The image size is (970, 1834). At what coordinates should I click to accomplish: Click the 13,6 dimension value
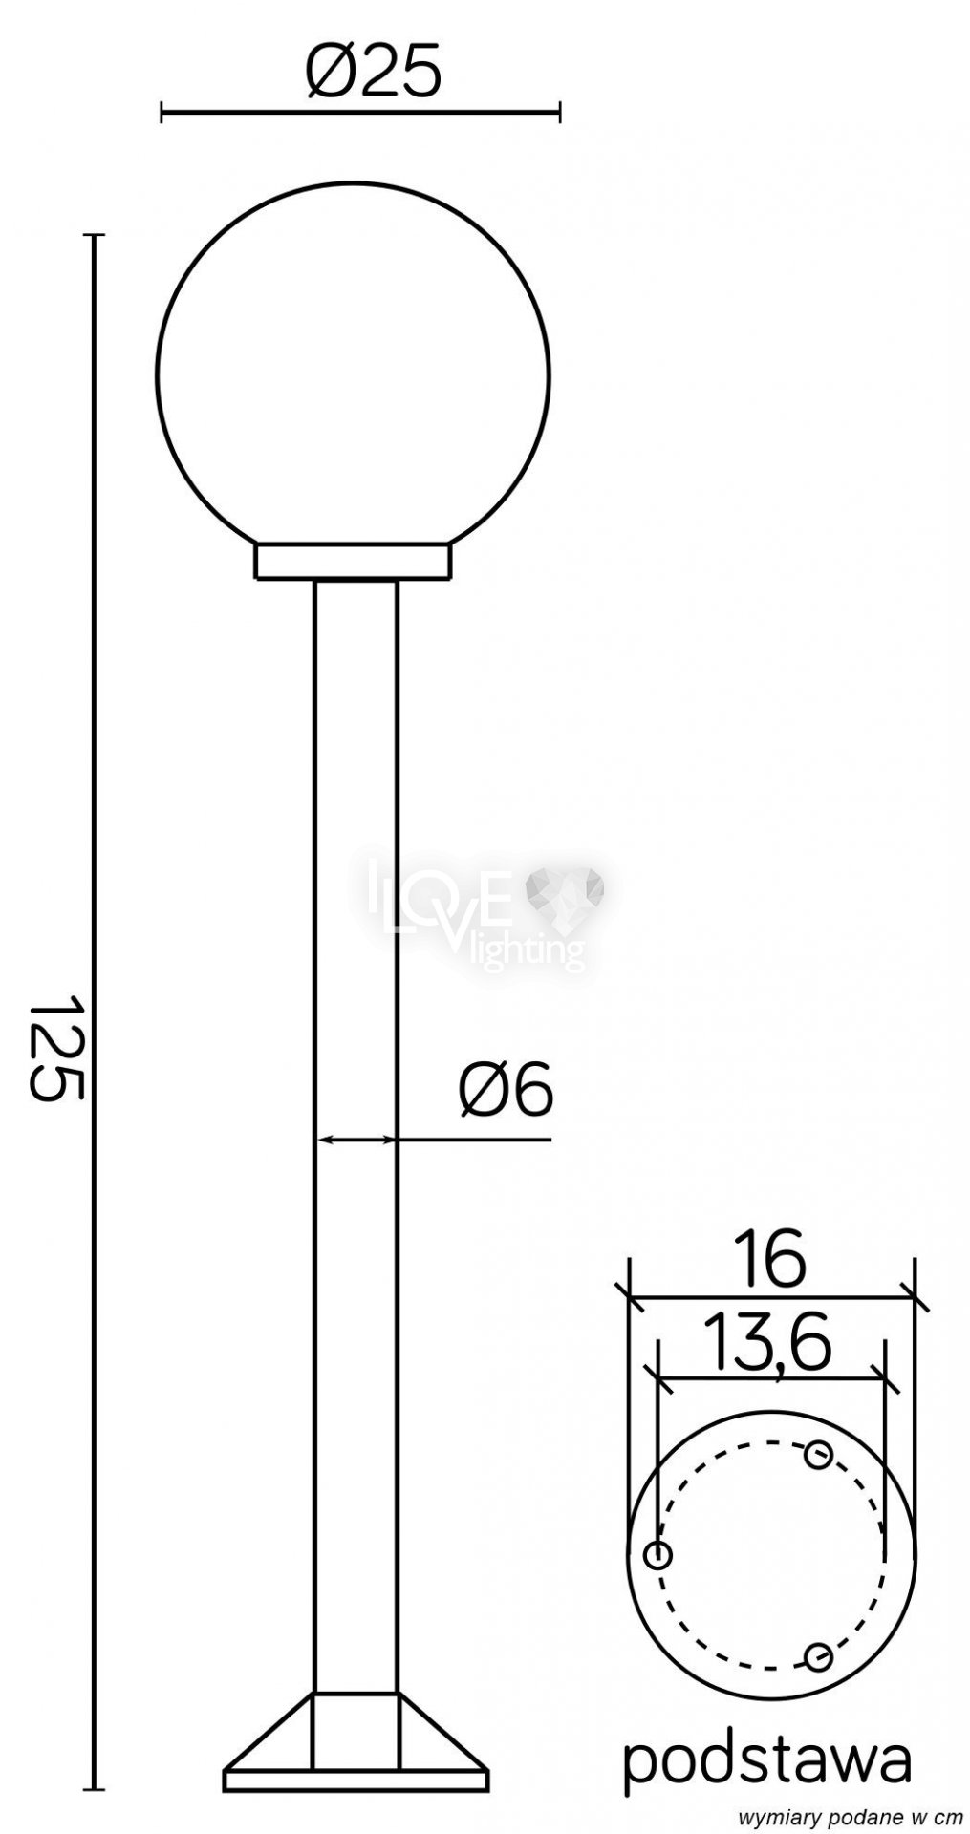767,1344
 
